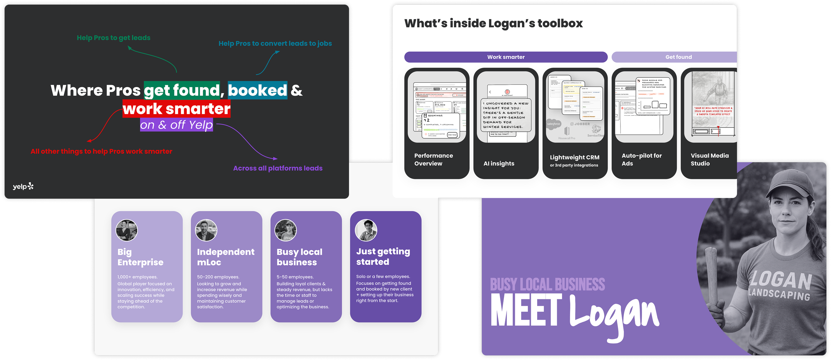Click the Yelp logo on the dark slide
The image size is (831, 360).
pyautogui.click(x=23, y=186)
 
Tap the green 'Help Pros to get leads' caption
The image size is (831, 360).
pyautogui.click(x=113, y=38)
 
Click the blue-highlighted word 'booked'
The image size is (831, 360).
pyautogui.click(x=257, y=90)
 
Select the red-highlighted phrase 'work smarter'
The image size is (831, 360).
pyautogui.click(x=177, y=109)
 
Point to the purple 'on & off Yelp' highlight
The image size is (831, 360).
pyautogui.click(x=176, y=125)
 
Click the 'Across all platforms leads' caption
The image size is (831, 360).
pyautogui.click(x=278, y=168)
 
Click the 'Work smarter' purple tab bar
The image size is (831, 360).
pyautogui.click(x=506, y=57)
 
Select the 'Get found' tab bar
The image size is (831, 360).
pyautogui.click(x=678, y=57)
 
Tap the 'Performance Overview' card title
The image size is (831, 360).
pyautogui.click(x=433, y=160)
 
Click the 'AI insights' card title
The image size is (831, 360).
pyautogui.click(x=499, y=164)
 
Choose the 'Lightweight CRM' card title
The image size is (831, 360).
pyautogui.click(x=574, y=158)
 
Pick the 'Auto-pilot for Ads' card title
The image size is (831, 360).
pyautogui.click(x=641, y=160)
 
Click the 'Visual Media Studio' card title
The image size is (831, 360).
pyautogui.click(x=709, y=160)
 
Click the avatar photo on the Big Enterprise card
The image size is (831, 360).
pyautogui.click(x=126, y=230)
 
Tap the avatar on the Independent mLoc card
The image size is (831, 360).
pyautogui.click(x=206, y=230)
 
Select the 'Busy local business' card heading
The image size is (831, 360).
pyautogui.click(x=299, y=257)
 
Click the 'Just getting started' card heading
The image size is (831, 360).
pyautogui.click(x=383, y=257)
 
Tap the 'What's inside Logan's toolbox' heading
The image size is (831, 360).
pyautogui.click(x=493, y=24)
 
